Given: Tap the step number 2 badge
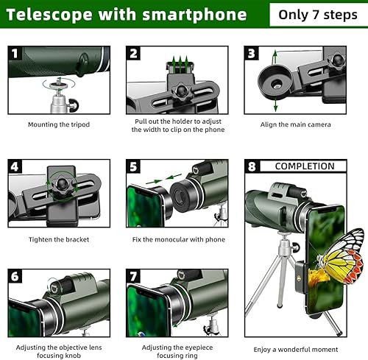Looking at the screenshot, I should (133, 53).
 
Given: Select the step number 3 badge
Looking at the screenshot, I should (252, 53).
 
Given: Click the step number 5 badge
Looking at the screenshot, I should (133, 166).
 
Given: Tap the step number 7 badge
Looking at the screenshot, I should (133, 276).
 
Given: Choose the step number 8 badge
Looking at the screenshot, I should (252, 166).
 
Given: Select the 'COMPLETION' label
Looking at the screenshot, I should (305, 166).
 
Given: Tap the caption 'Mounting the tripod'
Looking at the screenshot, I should (58, 124).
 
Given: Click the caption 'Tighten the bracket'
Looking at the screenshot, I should (58, 239).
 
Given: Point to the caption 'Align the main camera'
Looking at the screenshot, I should (295, 124).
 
